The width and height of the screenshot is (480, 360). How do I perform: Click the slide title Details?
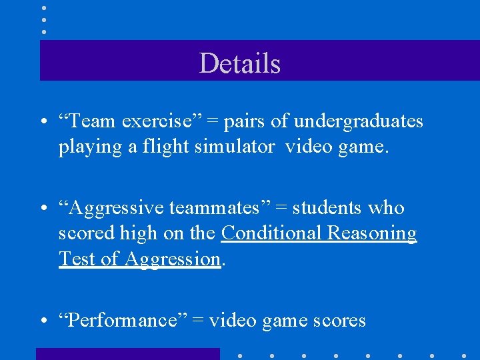tap(239, 63)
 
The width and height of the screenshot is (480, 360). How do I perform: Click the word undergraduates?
tap(359, 121)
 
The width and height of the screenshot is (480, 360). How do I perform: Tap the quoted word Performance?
tap(119, 321)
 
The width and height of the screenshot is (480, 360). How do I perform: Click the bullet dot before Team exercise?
tap(43, 122)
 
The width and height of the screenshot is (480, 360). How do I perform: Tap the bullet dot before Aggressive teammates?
tap(43, 209)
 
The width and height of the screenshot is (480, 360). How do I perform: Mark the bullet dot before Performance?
tap(43, 322)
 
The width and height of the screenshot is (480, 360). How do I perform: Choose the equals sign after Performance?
tap(198, 321)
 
